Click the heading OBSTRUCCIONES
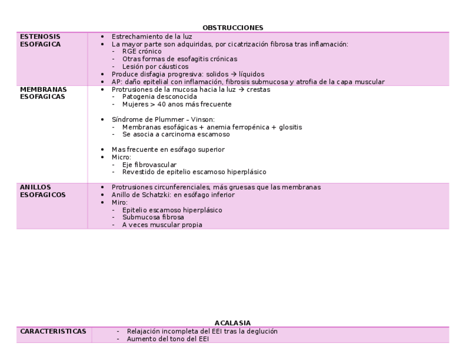point(232,27)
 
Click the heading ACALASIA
point(232,323)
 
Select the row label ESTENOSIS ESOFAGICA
point(40,40)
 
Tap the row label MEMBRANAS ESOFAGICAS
point(43,93)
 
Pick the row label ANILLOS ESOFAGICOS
point(42,191)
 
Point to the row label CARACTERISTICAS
point(53,331)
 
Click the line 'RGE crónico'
point(142,52)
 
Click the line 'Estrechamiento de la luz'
point(152,36)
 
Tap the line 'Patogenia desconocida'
point(159,97)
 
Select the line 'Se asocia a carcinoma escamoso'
point(176,134)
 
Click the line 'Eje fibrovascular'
point(149,164)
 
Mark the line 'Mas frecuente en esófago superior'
point(168,149)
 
